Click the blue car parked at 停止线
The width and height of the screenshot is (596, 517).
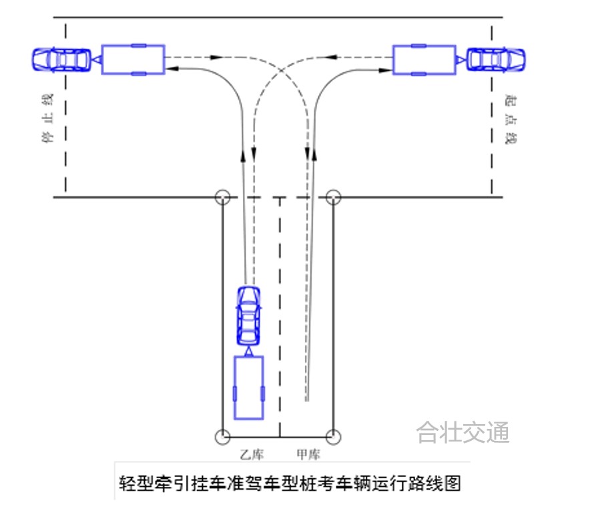61,59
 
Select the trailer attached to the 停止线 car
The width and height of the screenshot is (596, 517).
133,59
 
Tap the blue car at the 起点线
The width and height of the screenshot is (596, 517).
496,59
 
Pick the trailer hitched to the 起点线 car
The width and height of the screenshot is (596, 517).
424,59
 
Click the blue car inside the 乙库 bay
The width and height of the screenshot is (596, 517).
248,314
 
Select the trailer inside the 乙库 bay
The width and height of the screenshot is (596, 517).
248,387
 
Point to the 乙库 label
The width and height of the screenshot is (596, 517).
252,455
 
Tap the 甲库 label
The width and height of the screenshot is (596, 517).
308,455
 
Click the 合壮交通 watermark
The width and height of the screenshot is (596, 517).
463,432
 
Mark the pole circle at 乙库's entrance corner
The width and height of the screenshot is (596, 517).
222,198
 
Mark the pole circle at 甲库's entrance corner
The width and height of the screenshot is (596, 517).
334,198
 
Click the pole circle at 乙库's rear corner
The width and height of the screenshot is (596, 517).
222,437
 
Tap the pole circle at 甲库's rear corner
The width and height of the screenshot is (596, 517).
334,437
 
